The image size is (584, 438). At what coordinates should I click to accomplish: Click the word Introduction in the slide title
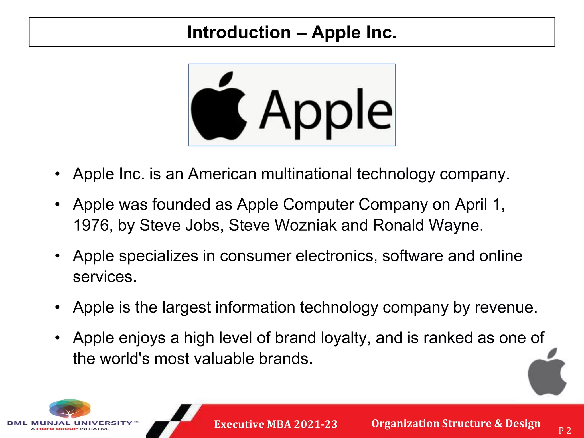239,33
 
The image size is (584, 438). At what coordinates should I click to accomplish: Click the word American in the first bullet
222,174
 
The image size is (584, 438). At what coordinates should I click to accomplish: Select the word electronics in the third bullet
334,256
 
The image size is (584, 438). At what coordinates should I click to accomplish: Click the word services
105,277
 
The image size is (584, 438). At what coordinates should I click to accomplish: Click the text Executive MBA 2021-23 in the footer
276,424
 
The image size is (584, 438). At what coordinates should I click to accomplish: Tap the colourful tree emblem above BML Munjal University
70,408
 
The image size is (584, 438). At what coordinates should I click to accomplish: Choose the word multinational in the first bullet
307,174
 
